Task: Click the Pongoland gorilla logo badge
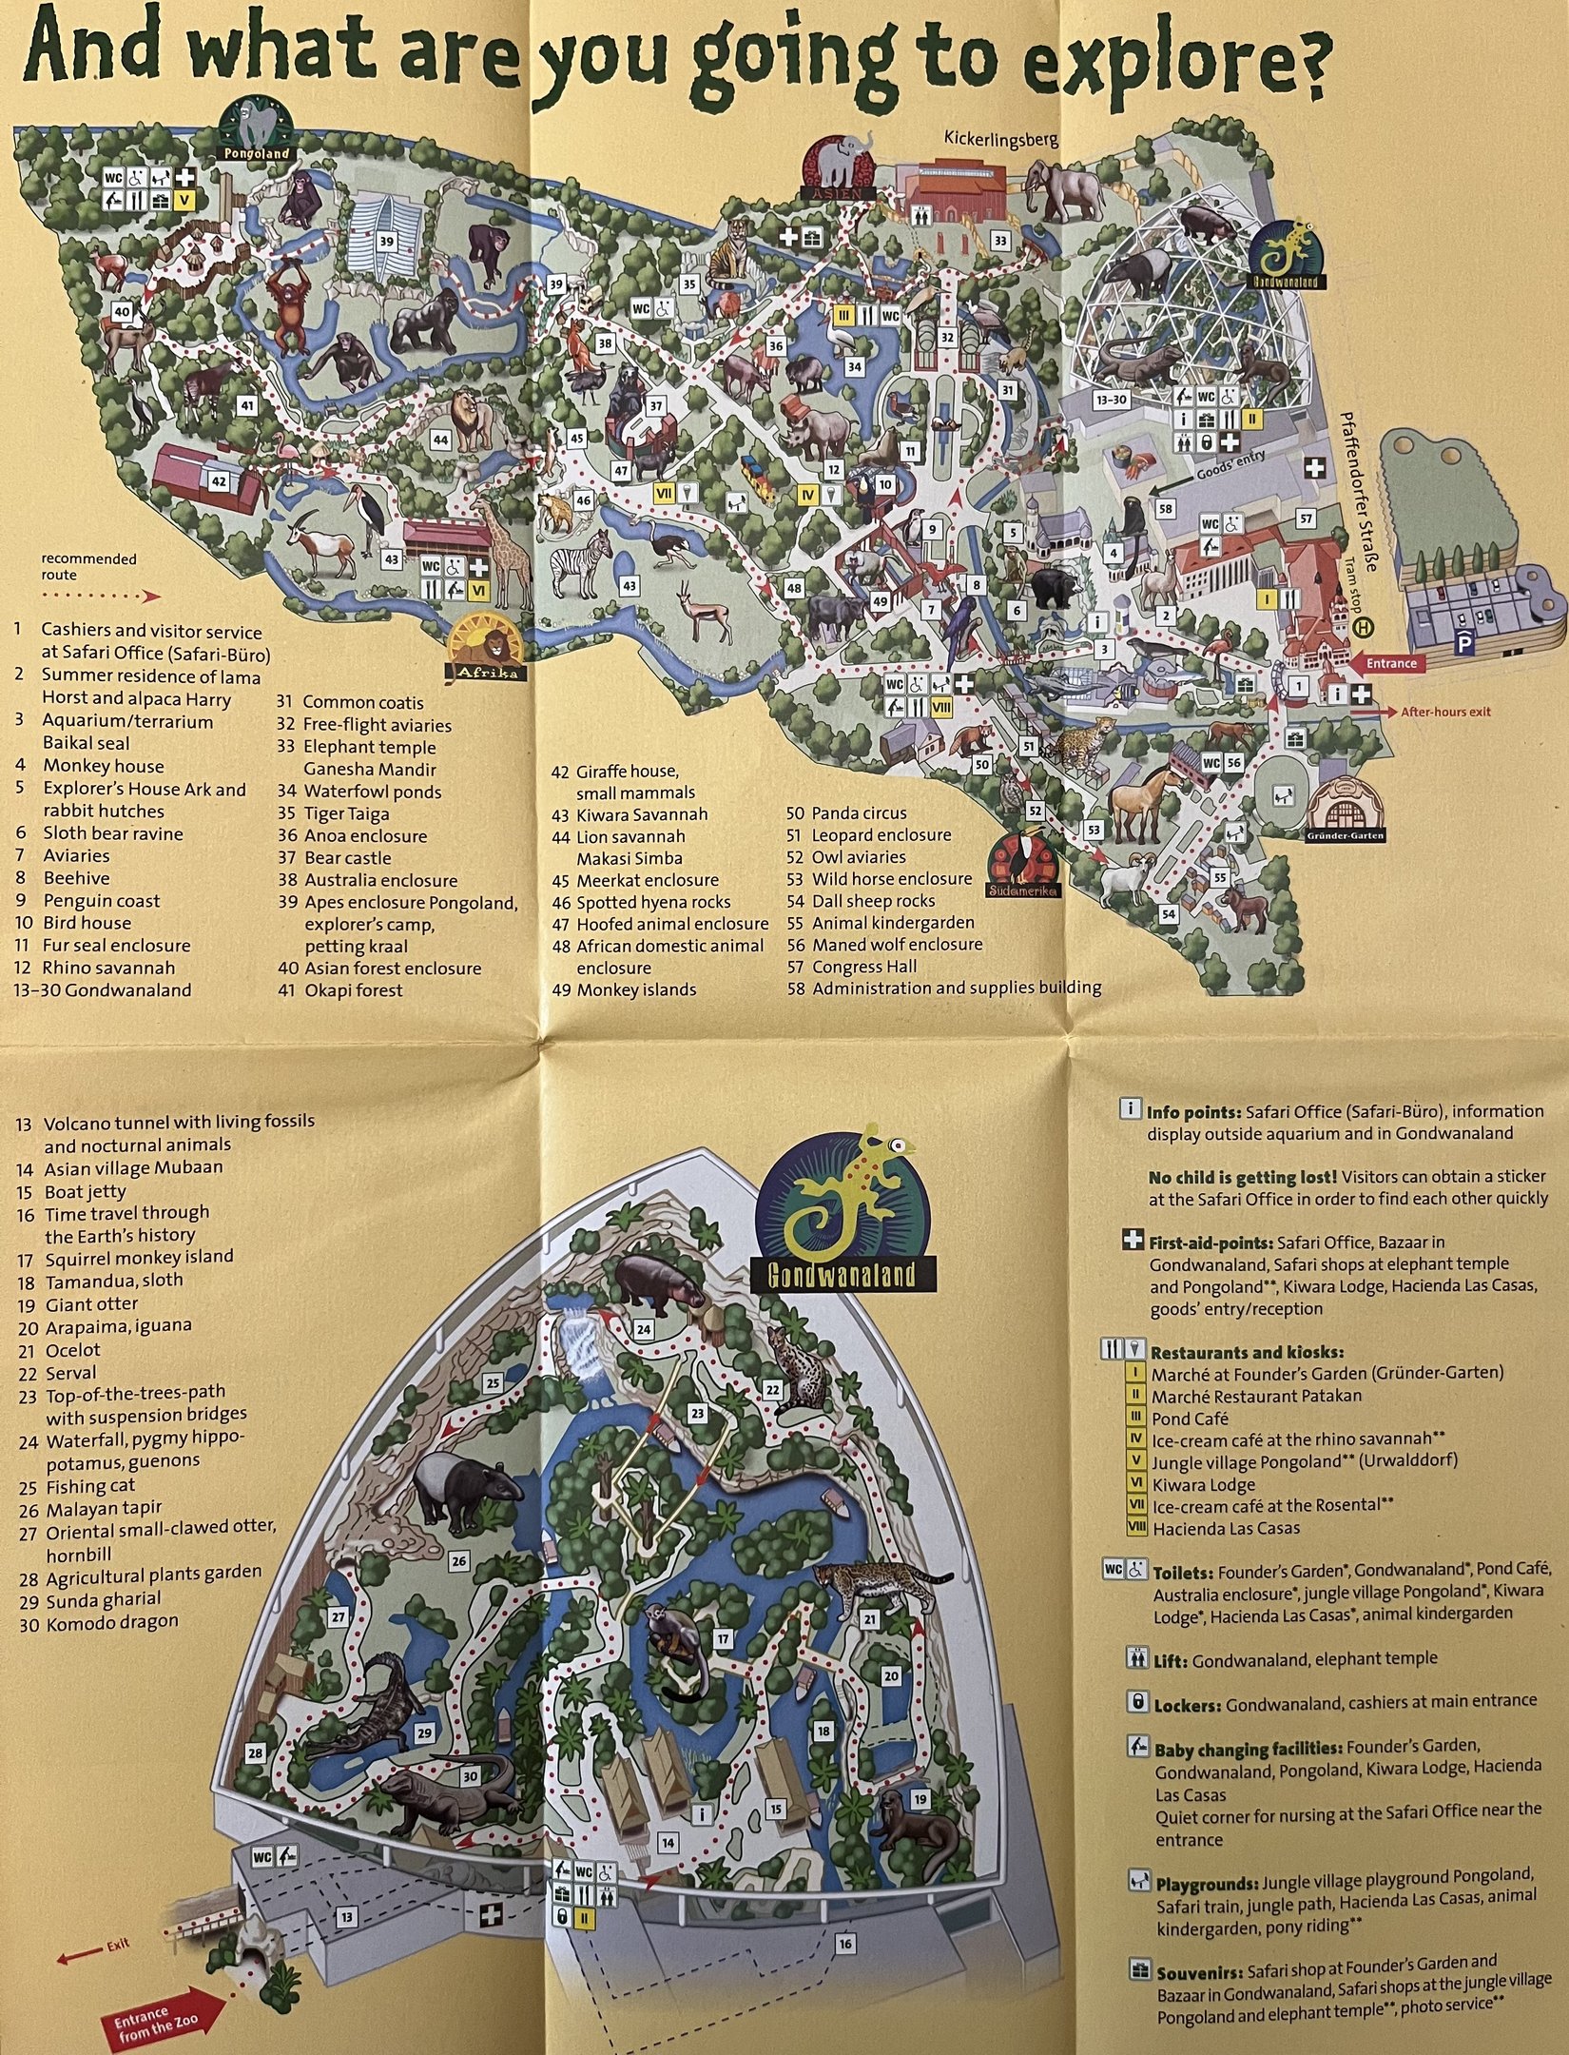pyautogui.click(x=254, y=130)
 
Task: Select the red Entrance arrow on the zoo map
pyautogui.click(x=1390, y=663)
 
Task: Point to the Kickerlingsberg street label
pyautogui.click(x=1000, y=139)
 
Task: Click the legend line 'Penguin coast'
pyautogui.click(x=101, y=900)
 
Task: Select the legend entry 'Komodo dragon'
pyautogui.click(x=111, y=1622)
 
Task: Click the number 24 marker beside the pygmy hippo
pyautogui.click(x=644, y=1329)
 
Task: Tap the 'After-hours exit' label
pyautogui.click(x=1444, y=712)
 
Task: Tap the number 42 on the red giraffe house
pyautogui.click(x=219, y=481)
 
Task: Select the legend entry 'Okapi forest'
pyautogui.click(x=353, y=990)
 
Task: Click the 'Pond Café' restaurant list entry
pyautogui.click(x=1189, y=1418)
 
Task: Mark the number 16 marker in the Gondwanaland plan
pyautogui.click(x=845, y=1944)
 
